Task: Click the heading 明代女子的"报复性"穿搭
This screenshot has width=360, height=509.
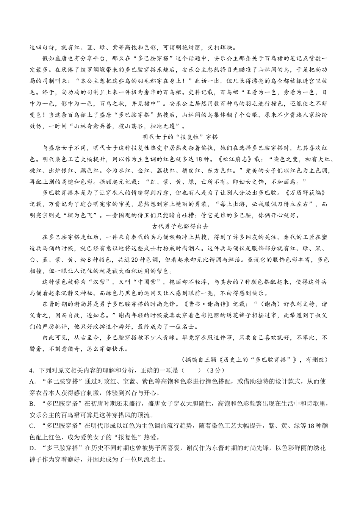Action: coord(180,137)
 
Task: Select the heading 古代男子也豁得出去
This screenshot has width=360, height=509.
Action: coord(180,226)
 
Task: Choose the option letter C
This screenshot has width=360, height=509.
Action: coord(32,426)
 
